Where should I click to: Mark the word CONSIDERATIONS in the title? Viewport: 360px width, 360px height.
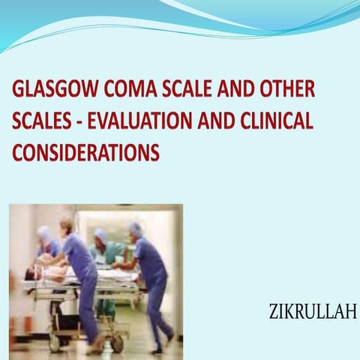[85, 151]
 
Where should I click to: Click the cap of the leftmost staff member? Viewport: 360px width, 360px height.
[45, 233]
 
